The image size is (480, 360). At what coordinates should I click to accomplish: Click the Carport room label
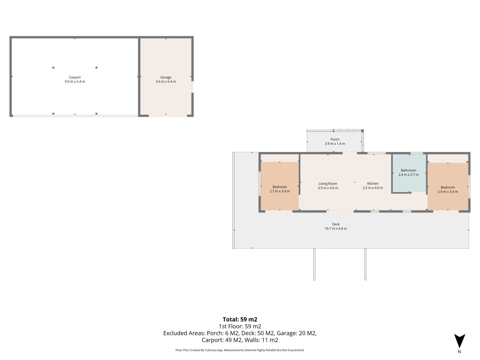[75, 77]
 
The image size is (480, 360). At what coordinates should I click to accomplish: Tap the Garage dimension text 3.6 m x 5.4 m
[166, 82]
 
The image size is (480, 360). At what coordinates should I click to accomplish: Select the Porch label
[335, 139]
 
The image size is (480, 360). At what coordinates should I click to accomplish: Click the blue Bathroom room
[409, 173]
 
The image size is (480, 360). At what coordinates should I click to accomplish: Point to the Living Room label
[328, 184]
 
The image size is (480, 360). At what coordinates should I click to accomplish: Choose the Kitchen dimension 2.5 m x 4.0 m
[373, 188]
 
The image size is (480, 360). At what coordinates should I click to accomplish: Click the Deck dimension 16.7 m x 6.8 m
[336, 228]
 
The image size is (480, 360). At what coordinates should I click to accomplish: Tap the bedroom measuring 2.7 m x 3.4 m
[280, 186]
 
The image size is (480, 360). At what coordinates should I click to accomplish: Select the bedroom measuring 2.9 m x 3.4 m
[448, 186]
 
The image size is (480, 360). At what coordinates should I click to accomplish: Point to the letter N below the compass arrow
[459, 352]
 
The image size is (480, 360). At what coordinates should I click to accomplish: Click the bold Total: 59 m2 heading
[240, 319]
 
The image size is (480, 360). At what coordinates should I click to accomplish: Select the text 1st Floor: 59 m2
[240, 326]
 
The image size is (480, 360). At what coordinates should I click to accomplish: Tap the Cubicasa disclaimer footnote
[240, 350]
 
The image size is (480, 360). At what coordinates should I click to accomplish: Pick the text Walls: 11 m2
[261, 340]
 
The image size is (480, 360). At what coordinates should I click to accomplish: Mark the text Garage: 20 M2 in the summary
[297, 333]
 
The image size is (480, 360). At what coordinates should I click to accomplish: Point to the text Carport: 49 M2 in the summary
[222, 340]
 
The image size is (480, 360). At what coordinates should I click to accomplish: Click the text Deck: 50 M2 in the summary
[258, 333]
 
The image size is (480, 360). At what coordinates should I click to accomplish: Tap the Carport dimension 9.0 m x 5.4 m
[75, 82]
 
